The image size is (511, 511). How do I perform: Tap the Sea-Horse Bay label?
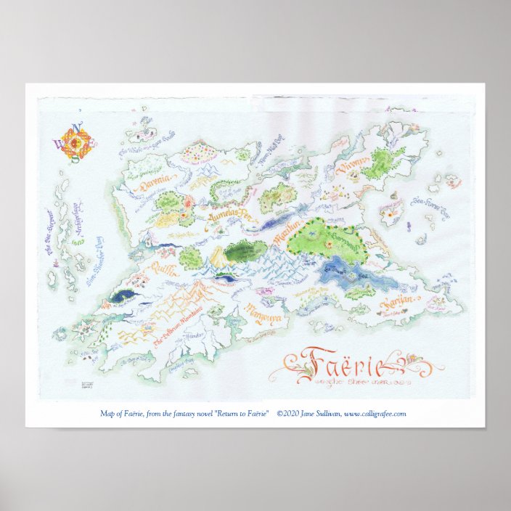430,206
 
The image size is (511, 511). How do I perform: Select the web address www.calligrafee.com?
375,414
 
